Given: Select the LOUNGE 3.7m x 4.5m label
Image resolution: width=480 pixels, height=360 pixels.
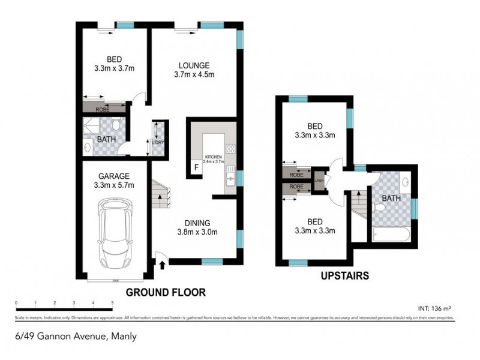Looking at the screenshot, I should [193, 70].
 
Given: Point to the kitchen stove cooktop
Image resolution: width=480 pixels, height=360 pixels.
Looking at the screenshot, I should [230, 149].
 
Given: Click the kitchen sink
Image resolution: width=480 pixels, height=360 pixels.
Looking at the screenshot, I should [230, 177].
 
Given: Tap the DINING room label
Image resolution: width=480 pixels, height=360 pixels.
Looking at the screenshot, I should [196, 227].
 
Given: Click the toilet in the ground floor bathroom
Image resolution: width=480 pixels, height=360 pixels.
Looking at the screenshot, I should [118, 124].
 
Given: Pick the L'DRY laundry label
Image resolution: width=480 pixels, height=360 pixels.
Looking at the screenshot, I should [158, 142].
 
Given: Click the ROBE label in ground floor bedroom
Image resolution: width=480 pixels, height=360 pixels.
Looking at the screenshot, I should [103, 109].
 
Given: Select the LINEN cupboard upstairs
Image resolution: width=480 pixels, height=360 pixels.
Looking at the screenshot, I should [319, 179].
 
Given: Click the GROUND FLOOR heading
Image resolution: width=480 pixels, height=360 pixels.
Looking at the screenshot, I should [166, 292].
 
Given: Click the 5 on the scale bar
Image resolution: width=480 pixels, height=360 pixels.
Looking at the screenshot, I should [112, 302].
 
